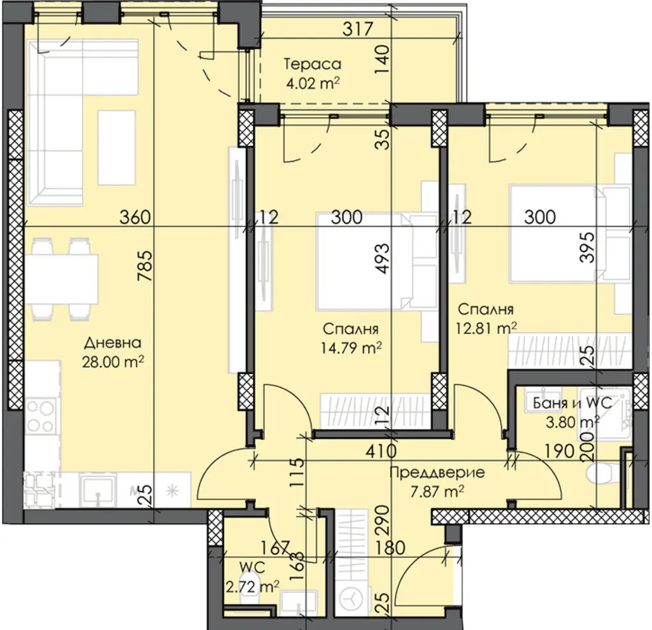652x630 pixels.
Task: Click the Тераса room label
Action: tap(313, 64)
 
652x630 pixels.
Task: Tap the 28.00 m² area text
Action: tap(113, 361)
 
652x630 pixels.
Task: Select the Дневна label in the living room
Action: tap(113, 343)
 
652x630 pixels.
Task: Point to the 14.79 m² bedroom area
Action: tap(351, 347)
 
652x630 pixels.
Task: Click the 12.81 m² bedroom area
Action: tap(486, 328)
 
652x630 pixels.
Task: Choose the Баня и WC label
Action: tap(572, 403)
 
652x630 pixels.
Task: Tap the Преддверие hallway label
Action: tap(437, 473)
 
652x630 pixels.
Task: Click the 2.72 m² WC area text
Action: tap(252, 587)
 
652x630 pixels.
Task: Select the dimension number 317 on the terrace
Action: tap(358, 29)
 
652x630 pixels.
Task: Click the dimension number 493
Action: tap(382, 258)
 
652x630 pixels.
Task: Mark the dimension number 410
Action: tap(381, 451)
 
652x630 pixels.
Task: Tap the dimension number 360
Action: tap(135, 217)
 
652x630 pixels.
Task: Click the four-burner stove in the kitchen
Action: tap(40, 415)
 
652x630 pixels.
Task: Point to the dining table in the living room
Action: tap(62, 279)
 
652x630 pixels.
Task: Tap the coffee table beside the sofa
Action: tap(117, 148)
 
